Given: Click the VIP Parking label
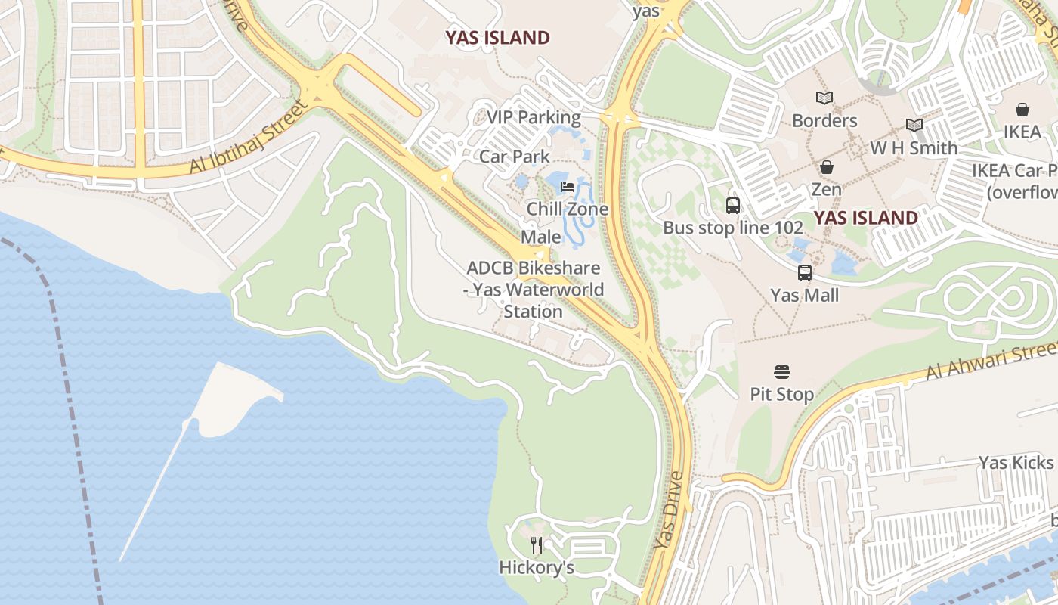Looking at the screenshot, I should (534, 118).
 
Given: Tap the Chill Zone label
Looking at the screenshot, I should (568, 209).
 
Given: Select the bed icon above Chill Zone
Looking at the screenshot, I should (568, 187).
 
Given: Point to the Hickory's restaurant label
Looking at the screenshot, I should (537, 567).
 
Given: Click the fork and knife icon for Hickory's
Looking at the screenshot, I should (537, 544).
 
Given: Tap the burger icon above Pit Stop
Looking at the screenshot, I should (781, 372).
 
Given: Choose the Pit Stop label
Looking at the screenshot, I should (781, 394).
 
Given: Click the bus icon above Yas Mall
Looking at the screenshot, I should (805, 273).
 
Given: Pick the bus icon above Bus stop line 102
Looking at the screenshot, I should (732, 205).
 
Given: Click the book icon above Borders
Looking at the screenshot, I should (824, 98).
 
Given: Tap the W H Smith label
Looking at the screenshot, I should (914, 148).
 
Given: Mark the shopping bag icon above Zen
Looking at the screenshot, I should (826, 167).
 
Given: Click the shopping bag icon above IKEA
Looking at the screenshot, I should (1022, 110).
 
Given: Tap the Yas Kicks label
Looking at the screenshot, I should (1016, 462).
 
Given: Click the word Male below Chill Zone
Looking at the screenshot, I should (541, 237).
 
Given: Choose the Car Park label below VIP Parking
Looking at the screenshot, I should (515, 157).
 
